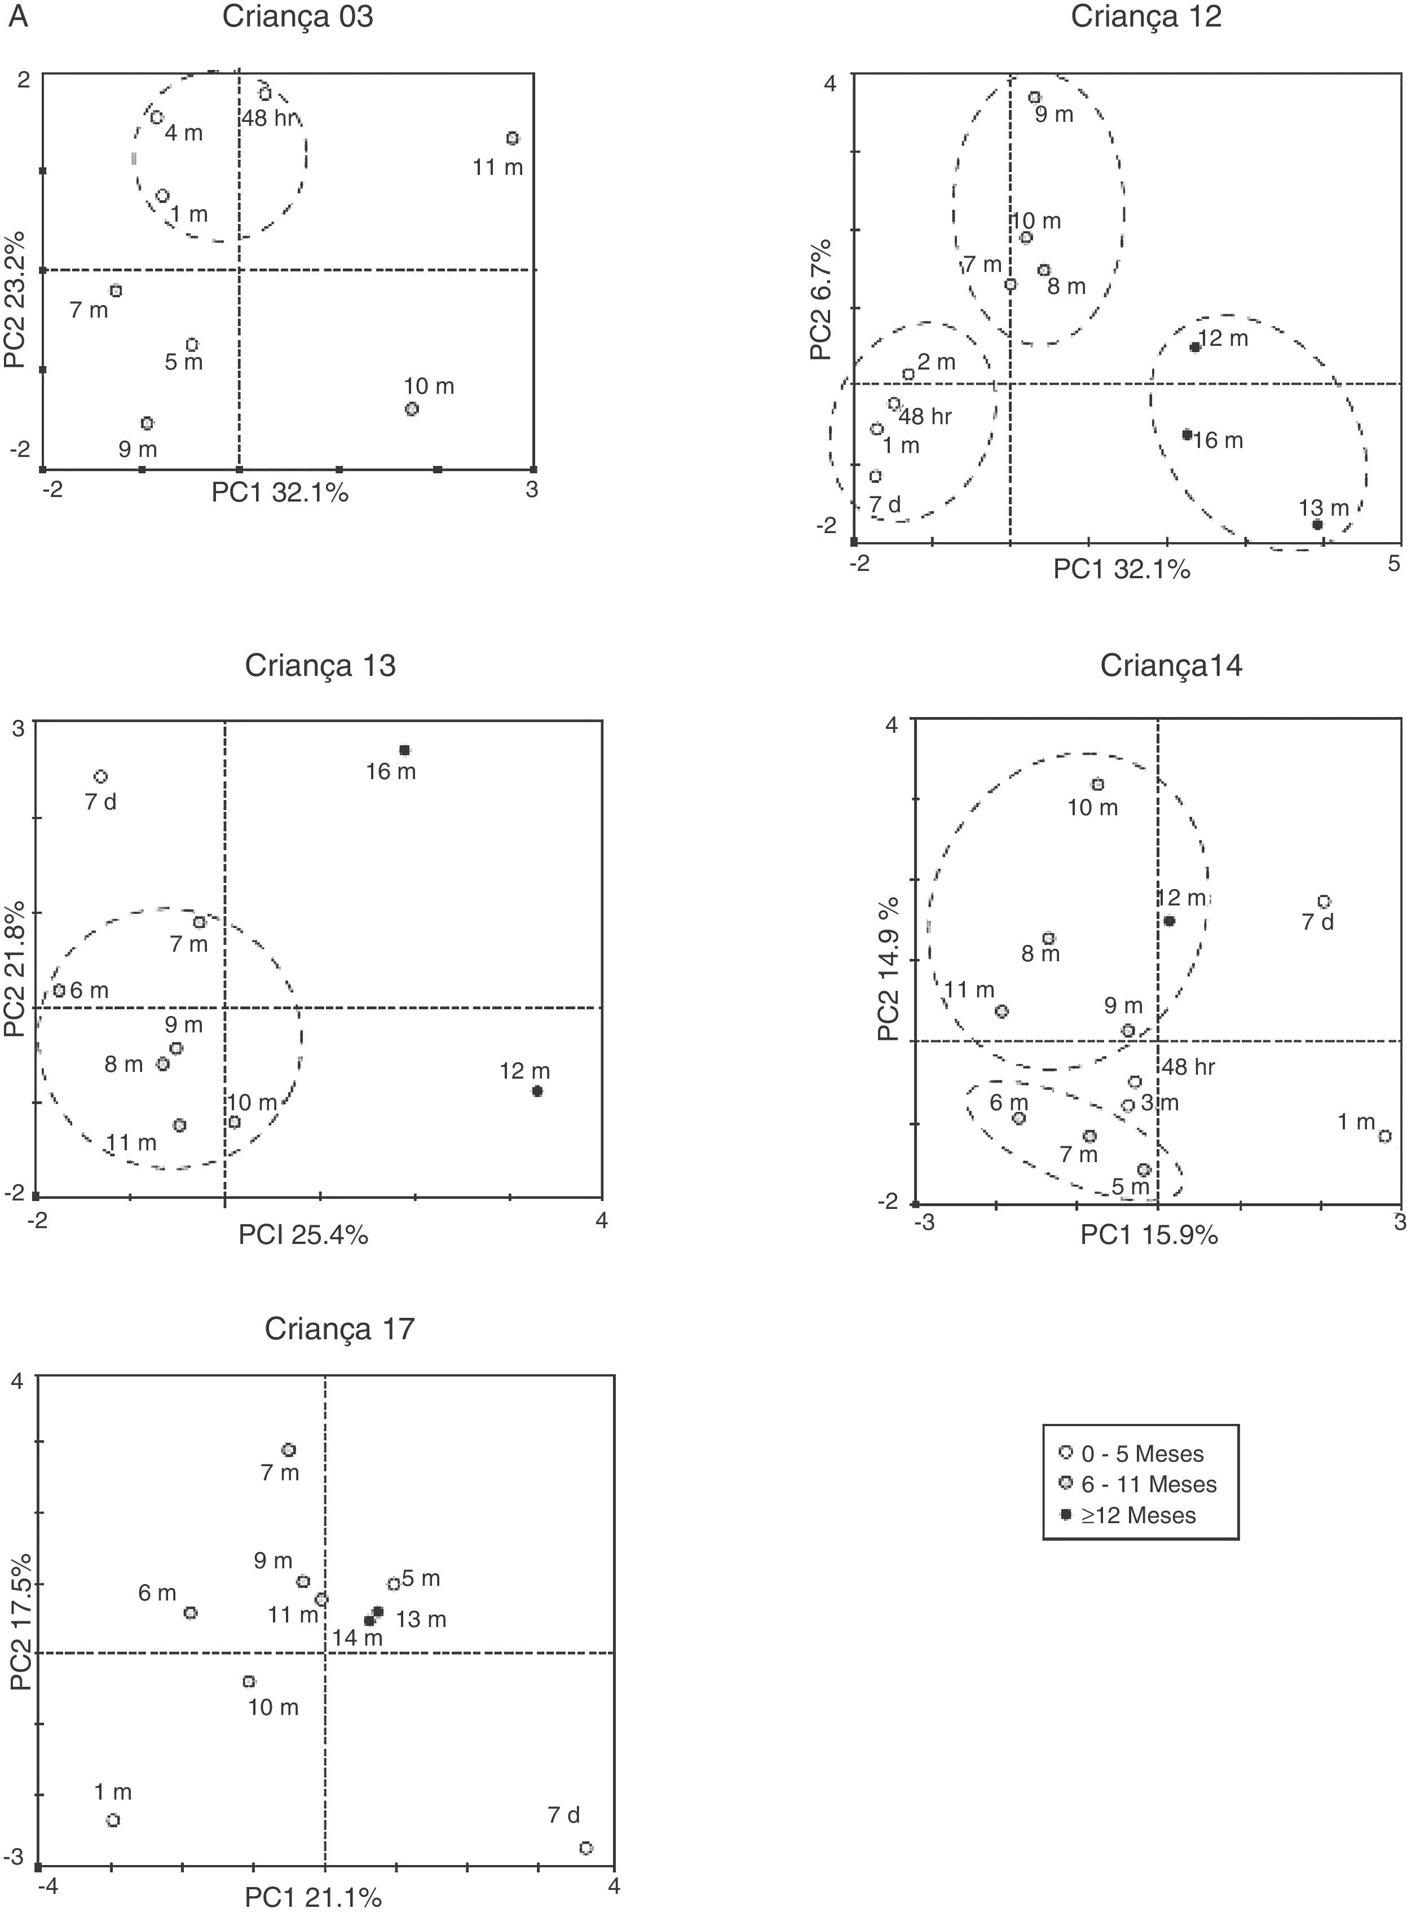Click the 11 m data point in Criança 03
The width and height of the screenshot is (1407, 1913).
(512, 138)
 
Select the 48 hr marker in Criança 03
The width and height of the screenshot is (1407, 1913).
(265, 94)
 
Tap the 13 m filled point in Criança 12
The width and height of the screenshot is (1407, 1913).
(1317, 525)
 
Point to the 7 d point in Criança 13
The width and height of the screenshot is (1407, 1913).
(100, 776)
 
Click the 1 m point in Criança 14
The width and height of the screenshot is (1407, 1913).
(1385, 1136)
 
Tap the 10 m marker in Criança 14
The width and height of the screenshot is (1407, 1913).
(1098, 784)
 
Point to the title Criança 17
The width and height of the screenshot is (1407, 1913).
(339, 1329)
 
